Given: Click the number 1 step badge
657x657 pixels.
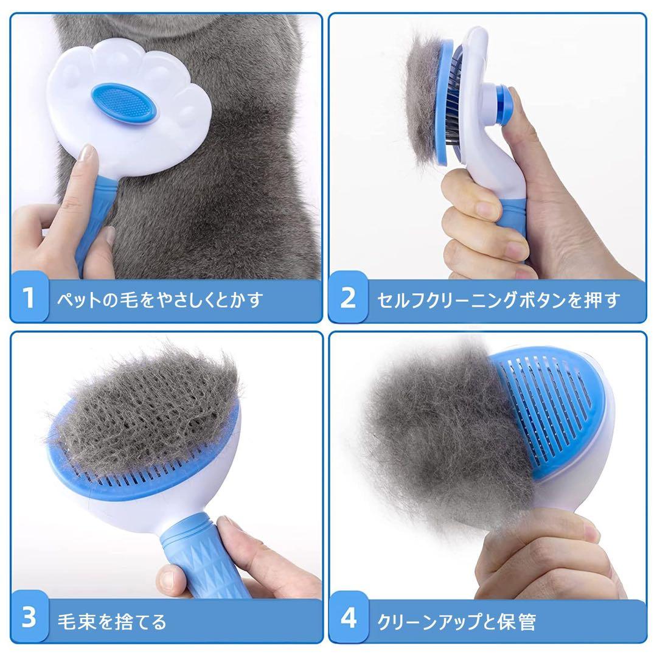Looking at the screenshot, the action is (29, 297).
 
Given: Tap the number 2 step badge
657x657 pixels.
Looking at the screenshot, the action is (348, 297).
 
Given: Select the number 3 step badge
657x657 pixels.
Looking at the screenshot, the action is (29, 616).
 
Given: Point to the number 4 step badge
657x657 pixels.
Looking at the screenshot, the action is (348, 617).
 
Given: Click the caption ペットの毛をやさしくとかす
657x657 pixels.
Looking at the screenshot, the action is (160, 299).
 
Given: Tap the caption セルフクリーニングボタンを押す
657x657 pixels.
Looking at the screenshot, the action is (498, 299).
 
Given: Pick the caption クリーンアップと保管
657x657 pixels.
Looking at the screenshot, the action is (456, 621).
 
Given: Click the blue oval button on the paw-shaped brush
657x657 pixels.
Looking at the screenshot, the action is (126, 103).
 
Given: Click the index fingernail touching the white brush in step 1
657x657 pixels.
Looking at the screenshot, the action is (88, 153).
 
